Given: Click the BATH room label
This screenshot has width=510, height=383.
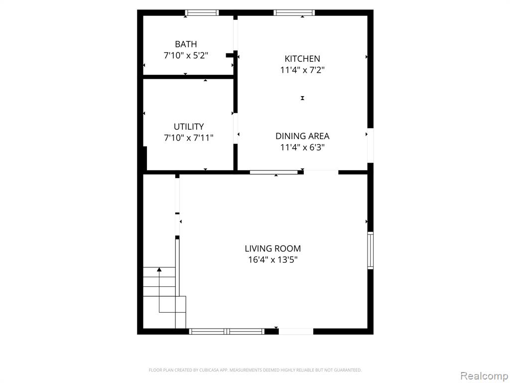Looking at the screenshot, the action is pyautogui.click(x=186, y=44).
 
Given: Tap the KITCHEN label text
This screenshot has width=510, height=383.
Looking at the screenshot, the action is pyautogui.click(x=302, y=59).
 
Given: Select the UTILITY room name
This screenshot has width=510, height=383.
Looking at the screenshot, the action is pyautogui.click(x=189, y=126).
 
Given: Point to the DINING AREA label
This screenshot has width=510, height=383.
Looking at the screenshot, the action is pyautogui.click(x=302, y=136).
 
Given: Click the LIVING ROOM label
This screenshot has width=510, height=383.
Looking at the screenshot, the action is pyautogui.click(x=273, y=248).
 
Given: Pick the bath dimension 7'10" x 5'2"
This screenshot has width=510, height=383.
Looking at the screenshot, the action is pyautogui.click(x=186, y=55).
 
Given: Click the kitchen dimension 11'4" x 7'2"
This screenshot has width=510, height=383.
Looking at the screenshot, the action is pyautogui.click(x=302, y=70).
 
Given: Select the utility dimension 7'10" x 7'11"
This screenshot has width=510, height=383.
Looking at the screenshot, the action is pyautogui.click(x=189, y=138).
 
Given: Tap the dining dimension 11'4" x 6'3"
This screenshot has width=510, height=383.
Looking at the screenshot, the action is pyautogui.click(x=302, y=147).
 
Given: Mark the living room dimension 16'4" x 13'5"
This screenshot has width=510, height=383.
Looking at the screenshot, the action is pyautogui.click(x=273, y=260).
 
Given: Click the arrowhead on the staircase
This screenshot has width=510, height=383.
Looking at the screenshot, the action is pyautogui.click(x=159, y=269).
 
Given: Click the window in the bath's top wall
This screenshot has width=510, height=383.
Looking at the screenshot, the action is pyautogui.click(x=202, y=12).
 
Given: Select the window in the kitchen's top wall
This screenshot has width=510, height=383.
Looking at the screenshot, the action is pyautogui.click(x=294, y=12).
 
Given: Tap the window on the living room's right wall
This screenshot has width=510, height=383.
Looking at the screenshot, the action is pyautogui.click(x=371, y=250).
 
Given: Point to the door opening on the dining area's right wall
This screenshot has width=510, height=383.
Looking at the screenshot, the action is pyautogui.click(x=371, y=145).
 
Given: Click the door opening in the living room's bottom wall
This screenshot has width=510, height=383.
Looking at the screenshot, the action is pyautogui.click(x=296, y=332).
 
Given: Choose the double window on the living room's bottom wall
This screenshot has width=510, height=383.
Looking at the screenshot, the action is pyautogui.click(x=227, y=332).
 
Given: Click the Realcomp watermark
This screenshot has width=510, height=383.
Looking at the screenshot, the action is pyautogui.click(x=484, y=376).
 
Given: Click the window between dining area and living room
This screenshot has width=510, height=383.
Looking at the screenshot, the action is pyautogui.click(x=273, y=172).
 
